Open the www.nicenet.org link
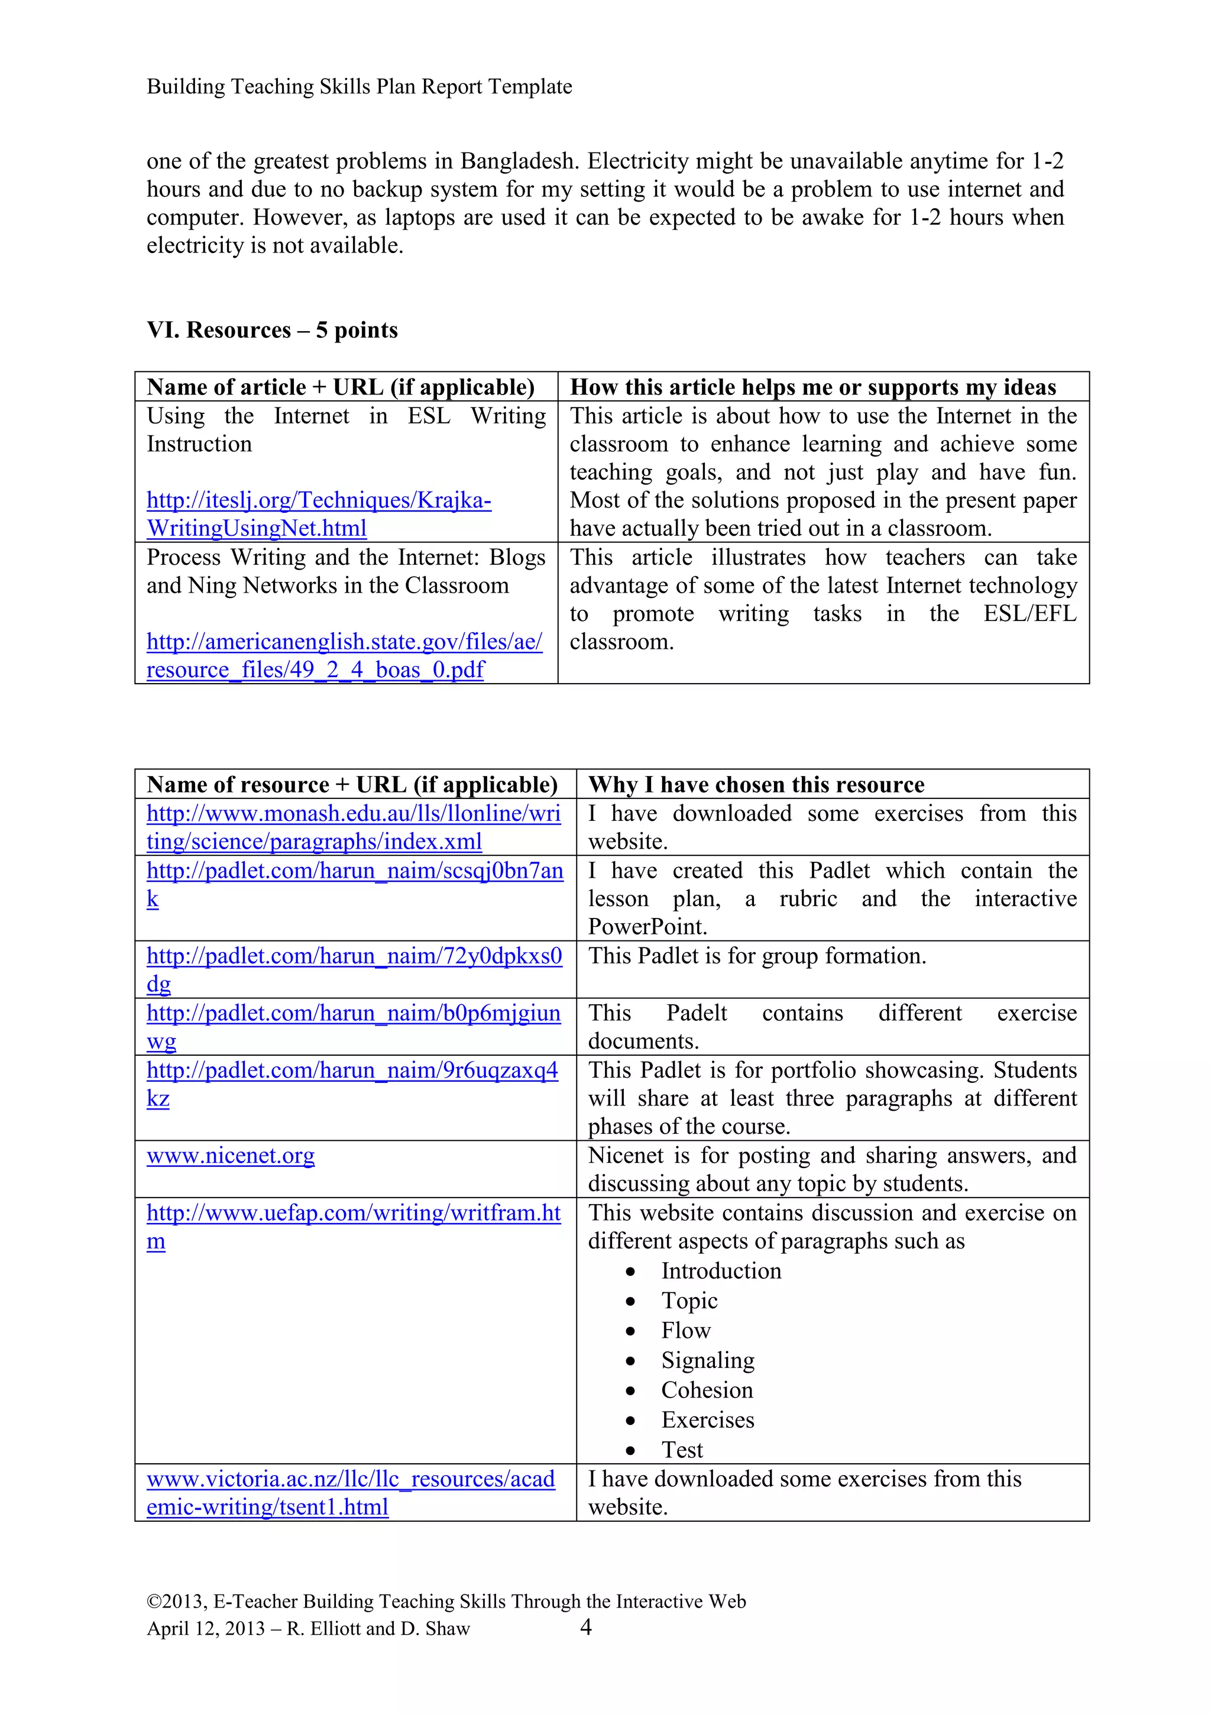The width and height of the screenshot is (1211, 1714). click(231, 1156)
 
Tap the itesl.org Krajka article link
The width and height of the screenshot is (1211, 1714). click(319, 500)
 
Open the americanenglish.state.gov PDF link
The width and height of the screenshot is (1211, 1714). click(344, 642)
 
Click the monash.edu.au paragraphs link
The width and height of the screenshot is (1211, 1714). click(353, 814)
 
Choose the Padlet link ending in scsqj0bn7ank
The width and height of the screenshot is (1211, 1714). click(354, 871)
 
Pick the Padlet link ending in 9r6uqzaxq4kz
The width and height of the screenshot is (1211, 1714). click(352, 1071)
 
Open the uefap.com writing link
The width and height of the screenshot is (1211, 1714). click(353, 1213)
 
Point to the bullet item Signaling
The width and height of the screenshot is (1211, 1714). click(707, 1360)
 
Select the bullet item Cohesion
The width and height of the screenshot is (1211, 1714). click(707, 1390)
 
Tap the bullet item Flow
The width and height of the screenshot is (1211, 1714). click(686, 1330)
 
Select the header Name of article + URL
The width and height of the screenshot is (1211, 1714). click(340, 387)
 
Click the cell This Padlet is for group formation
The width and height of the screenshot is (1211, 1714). click(757, 956)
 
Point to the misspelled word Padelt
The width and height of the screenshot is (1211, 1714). click(696, 1013)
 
